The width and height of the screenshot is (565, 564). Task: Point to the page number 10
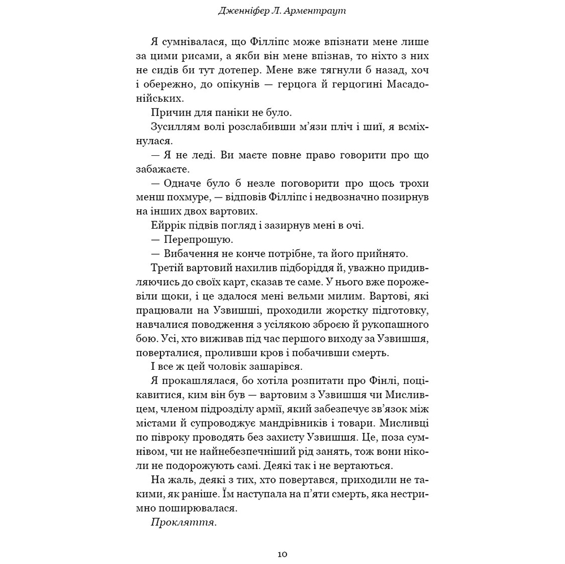click(282, 554)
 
